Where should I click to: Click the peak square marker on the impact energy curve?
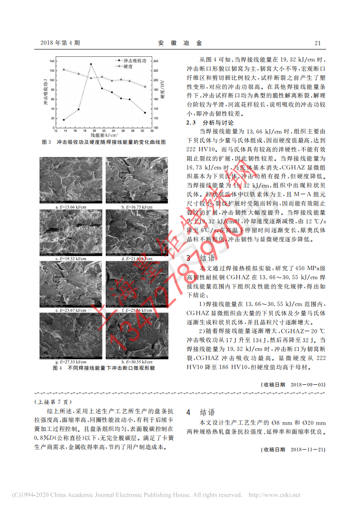click(x=91, y=64)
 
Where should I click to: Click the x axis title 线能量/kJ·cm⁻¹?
click(x=104, y=135)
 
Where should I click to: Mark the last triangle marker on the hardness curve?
click(x=145, y=87)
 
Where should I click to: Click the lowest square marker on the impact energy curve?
click(x=64, y=120)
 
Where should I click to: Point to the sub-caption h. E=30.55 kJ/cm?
click(x=136, y=362)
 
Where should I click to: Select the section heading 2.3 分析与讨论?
click(x=211, y=123)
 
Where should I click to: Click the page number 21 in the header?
click(x=318, y=43)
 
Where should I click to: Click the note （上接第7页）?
click(x=53, y=402)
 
